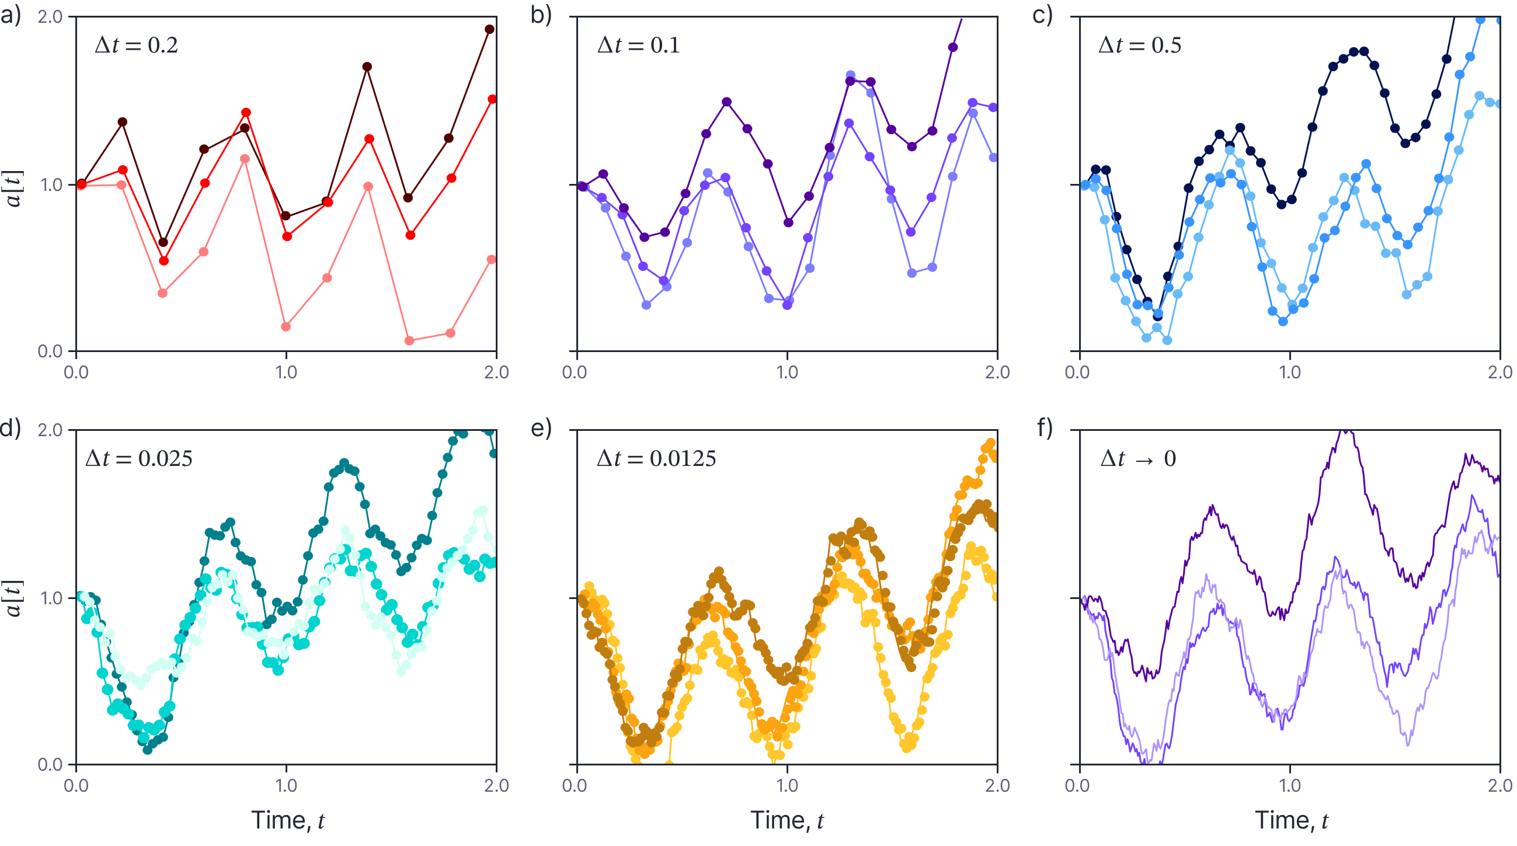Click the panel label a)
[11, 15]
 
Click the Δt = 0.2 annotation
[136, 46]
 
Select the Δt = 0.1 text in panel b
[638, 46]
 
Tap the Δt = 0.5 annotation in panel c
[1140, 46]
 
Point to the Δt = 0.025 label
[139, 459]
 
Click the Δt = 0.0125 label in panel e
[657, 459]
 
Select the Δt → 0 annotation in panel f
[1137, 459]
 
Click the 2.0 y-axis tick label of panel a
[50, 16]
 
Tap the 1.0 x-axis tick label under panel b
[787, 372]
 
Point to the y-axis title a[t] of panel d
[14, 598]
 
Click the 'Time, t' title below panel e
[787, 820]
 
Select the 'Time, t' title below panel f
[1291, 820]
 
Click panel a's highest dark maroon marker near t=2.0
[489, 29]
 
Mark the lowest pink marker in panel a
[409, 341]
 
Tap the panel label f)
[1044, 429]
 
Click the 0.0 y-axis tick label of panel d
[50, 765]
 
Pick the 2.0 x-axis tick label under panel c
[1499, 372]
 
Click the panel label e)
[541, 429]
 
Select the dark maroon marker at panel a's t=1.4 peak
[367, 67]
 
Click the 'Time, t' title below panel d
[287, 820]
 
